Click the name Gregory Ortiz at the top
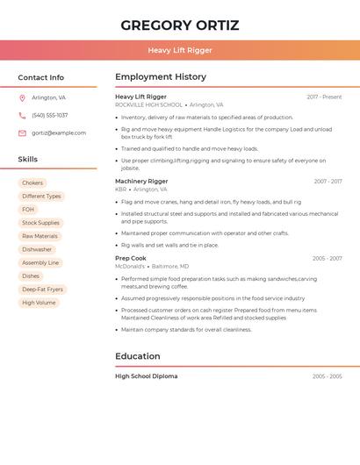(x=180, y=25)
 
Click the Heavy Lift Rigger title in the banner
(x=180, y=50)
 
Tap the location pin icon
(x=22, y=97)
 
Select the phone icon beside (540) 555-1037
(x=22, y=115)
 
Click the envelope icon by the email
(x=22, y=133)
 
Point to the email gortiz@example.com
(x=59, y=133)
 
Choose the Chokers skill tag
(x=32, y=183)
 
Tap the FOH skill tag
(x=28, y=210)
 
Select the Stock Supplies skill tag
(x=40, y=223)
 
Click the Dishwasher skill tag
(x=37, y=249)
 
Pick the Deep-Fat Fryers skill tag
(x=42, y=290)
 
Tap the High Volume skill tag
(x=39, y=303)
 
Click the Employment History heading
(x=161, y=77)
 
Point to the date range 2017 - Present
(x=324, y=97)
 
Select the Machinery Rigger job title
(x=141, y=182)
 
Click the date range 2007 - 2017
(x=328, y=182)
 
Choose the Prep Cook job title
(x=131, y=259)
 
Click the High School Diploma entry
(x=146, y=376)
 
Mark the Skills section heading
(x=28, y=160)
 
